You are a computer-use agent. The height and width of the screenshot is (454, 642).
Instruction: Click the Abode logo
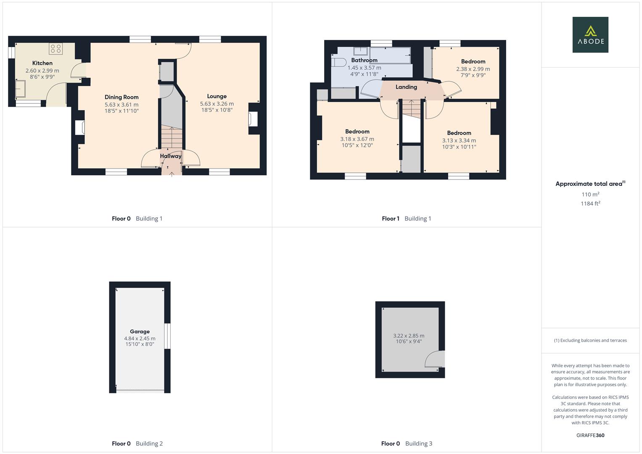(x=590, y=34)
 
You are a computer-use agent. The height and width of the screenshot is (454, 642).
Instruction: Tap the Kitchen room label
(x=42, y=63)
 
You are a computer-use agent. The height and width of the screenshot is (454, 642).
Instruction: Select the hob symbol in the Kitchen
(x=55, y=49)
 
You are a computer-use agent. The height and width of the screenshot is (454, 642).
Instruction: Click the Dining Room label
(x=122, y=97)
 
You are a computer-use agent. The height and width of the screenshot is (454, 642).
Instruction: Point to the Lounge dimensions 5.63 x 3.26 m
(x=217, y=103)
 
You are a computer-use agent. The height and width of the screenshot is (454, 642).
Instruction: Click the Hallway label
(x=170, y=156)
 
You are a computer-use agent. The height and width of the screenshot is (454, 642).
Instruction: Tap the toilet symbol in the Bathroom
(x=339, y=62)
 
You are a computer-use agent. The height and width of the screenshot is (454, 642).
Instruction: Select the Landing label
(x=406, y=87)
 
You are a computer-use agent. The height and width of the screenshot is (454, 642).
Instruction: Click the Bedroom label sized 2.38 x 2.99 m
(x=473, y=61)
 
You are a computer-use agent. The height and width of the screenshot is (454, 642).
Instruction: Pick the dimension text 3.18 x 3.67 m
(x=357, y=139)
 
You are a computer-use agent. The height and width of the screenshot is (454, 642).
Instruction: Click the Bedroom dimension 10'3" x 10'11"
(x=459, y=147)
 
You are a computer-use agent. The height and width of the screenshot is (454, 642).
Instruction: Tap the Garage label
(x=140, y=331)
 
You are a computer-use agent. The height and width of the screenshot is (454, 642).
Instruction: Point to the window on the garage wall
(x=167, y=336)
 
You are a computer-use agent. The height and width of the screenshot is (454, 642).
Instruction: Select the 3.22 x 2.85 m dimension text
(x=409, y=335)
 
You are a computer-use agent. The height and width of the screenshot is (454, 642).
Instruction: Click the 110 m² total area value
(x=590, y=194)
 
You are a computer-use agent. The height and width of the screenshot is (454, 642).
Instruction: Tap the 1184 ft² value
(x=590, y=203)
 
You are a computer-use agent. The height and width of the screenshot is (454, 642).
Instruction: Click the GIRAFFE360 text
(x=590, y=435)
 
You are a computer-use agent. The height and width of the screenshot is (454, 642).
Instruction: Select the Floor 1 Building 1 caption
(x=406, y=219)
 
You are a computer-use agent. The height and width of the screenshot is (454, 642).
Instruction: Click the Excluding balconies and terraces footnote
(x=590, y=340)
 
